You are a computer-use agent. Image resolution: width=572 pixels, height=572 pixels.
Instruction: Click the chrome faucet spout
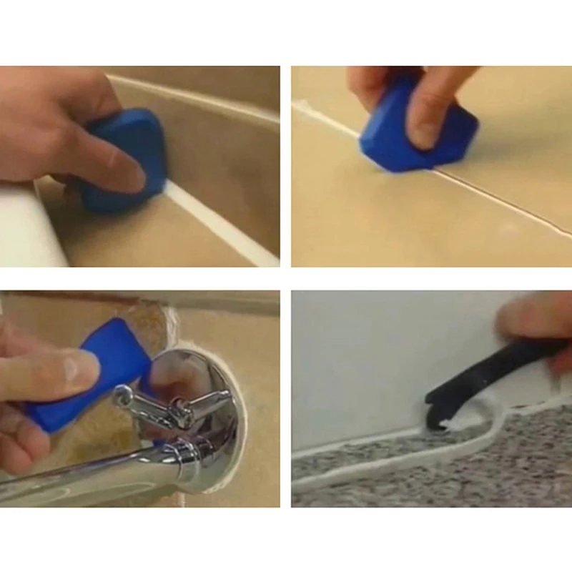click(107, 472)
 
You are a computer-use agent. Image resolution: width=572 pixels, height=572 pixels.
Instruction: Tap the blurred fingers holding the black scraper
click(536, 315)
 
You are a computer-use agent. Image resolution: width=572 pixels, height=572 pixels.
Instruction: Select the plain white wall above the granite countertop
click(372, 357)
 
